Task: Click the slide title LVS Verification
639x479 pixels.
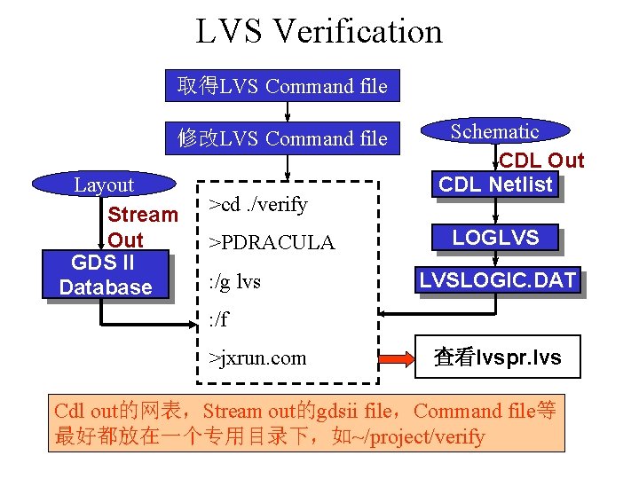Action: pos(319,32)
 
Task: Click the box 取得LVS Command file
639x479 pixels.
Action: pos(283,86)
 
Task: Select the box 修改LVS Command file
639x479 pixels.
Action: pos(283,138)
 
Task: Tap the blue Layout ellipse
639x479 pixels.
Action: pos(104,185)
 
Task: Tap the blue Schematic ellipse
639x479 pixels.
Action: pos(494,132)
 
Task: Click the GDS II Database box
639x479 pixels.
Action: pos(105,274)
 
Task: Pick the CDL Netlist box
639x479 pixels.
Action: pos(496,185)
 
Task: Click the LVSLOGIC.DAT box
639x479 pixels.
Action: pos(498,281)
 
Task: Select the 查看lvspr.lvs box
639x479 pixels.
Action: pos(497,357)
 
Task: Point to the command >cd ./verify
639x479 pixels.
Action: pos(257,205)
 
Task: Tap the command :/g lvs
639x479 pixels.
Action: pos(234,282)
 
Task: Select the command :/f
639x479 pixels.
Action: pos(217,318)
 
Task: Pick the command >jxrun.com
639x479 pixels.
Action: pos(257,358)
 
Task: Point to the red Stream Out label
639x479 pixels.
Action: pos(142,227)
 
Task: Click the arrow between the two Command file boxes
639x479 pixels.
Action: pos(287,112)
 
